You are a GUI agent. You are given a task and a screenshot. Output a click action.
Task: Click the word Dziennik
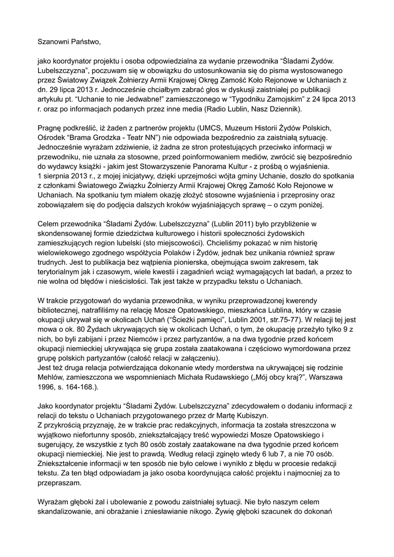[x=284, y=109]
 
